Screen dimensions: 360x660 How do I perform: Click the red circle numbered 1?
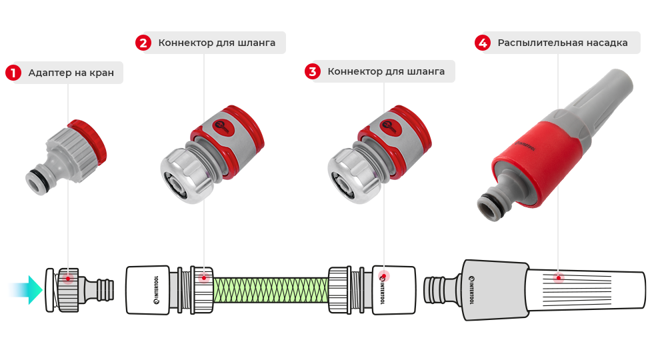13,73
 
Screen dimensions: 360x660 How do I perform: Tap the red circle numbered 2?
143,43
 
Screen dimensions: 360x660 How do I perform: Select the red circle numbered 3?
313,71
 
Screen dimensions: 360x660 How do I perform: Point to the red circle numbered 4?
483,43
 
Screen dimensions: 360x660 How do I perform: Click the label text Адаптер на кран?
71,73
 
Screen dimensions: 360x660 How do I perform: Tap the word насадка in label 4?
607,43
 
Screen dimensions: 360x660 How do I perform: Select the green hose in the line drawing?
270,291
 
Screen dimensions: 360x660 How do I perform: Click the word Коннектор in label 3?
355,71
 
